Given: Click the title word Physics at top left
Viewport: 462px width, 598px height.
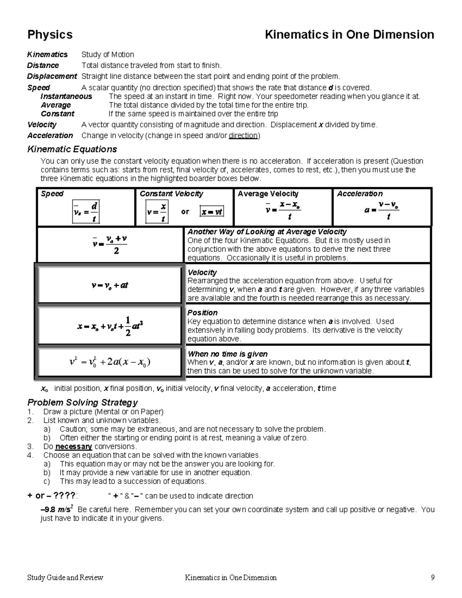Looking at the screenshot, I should (50, 35).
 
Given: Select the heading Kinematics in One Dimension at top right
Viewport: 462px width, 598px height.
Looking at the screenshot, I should (349, 35).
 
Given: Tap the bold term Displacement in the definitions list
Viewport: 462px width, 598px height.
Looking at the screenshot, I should (52, 76).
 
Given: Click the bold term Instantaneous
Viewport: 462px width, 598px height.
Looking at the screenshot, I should (66, 96).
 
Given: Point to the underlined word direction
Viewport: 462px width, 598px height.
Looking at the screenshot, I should (243, 136).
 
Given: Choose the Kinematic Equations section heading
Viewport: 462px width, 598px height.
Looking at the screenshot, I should (72, 149).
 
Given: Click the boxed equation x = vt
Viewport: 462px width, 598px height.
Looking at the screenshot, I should (212, 211).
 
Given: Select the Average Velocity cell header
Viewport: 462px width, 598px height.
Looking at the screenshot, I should (268, 194).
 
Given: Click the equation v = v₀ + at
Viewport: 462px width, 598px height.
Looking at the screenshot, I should (110, 285).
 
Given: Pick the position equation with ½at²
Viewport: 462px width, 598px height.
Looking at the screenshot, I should (110, 326).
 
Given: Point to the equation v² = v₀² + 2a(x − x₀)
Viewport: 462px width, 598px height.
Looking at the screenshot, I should (110, 362).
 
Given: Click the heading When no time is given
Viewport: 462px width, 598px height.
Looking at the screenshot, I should (227, 354).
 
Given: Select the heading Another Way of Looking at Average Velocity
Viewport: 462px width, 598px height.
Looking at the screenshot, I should (267, 232).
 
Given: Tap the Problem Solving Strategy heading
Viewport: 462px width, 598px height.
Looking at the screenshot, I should (82, 402).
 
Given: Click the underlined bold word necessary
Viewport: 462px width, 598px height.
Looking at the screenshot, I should (74, 447).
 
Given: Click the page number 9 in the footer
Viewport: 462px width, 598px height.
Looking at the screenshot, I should (433, 578).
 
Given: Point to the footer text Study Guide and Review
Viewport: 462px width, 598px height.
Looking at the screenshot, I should (65, 578).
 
